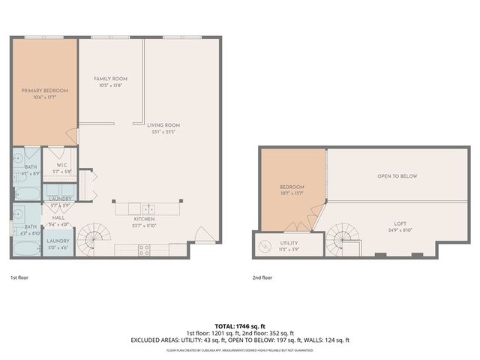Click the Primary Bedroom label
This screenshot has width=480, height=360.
pos(44,93)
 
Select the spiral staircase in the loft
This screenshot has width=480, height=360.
pos(346,244)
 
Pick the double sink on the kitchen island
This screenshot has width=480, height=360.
pos(148,208)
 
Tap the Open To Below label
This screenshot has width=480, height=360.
pos(397,176)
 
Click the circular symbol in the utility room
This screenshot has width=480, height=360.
pos(265,244)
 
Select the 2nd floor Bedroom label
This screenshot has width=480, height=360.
pos(292,189)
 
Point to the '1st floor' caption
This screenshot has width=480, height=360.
pos(19,277)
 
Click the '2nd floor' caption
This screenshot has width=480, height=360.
pos(262,277)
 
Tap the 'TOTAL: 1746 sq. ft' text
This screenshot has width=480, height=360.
pos(240,326)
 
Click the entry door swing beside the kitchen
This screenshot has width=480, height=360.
pos(200,235)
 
